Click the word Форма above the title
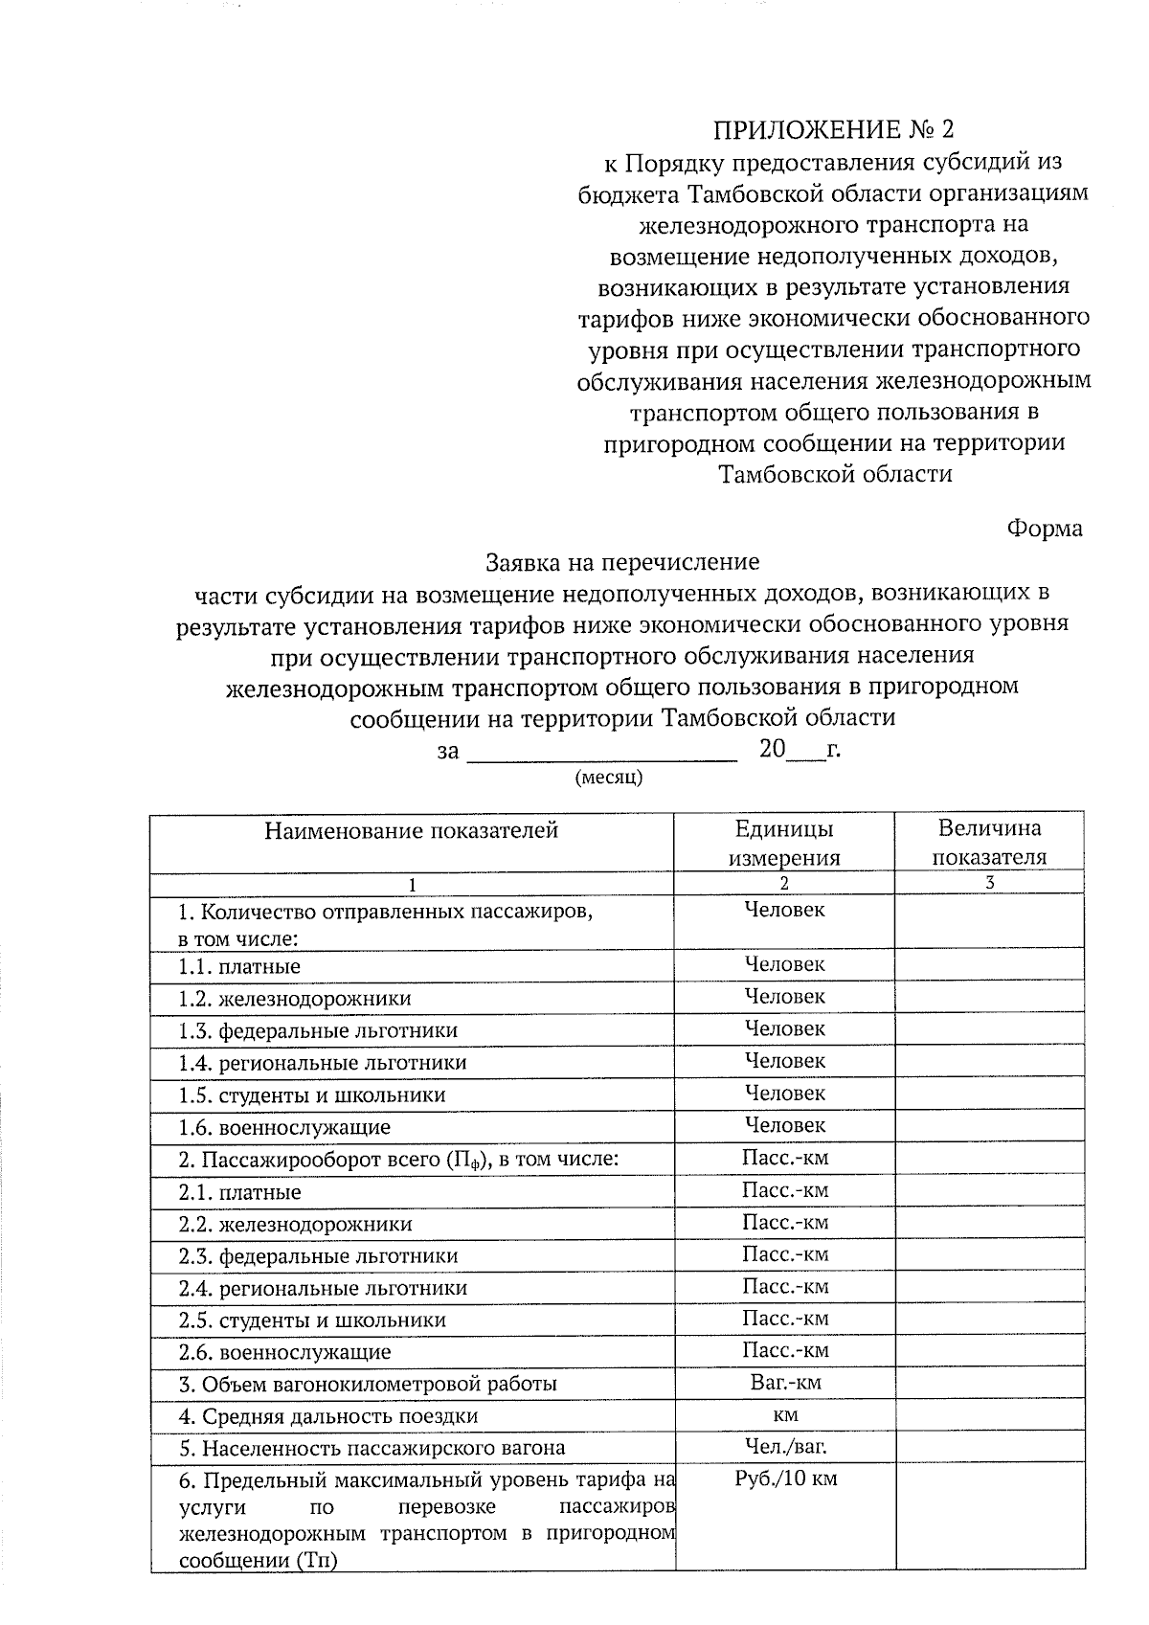(1045, 528)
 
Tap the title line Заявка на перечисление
(622, 561)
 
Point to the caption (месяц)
(608, 778)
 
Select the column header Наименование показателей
(412, 830)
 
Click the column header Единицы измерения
(784, 843)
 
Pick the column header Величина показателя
(989, 843)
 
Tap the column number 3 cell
(989, 883)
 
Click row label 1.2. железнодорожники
(295, 999)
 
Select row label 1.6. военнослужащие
(284, 1127)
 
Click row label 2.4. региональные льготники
(323, 1288)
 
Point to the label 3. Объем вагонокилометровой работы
(368, 1384)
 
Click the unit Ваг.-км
(785, 1382)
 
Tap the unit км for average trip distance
(785, 1414)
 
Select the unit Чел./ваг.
(785, 1446)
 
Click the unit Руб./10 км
(785, 1478)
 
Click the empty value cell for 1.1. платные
(989, 964)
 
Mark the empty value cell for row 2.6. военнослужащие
(989, 1351)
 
